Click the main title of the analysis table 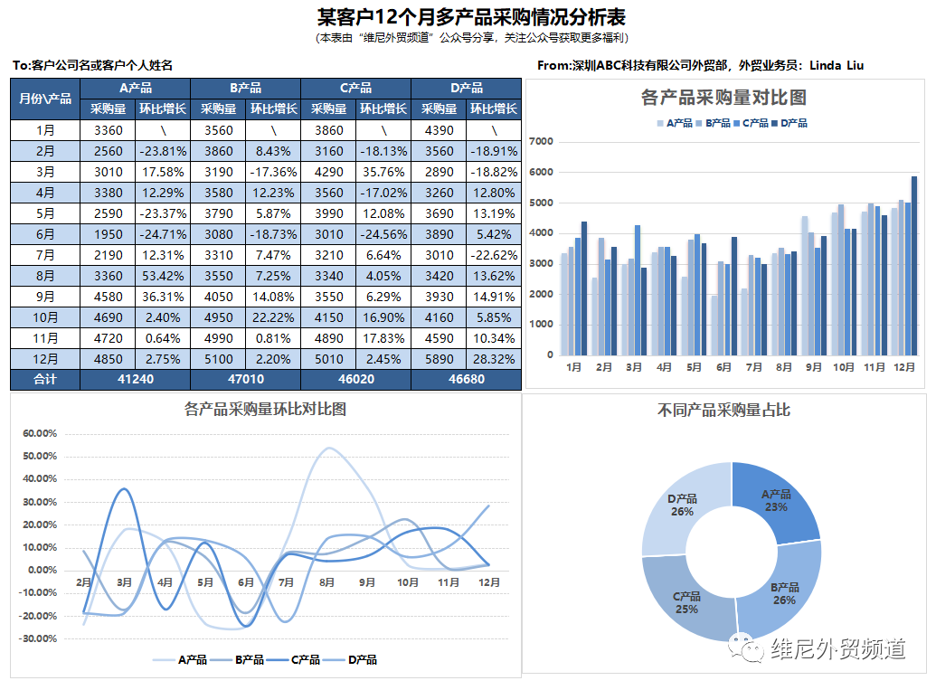click(471, 17)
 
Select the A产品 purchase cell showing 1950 click(108, 233)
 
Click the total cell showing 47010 click(245, 380)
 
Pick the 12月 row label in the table click(45, 358)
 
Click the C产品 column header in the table click(355, 88)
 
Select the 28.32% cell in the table click(495, 358)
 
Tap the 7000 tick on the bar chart click(541, 141)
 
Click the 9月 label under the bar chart click(813, 367)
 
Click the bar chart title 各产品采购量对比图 click(723, 98)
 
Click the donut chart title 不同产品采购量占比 click(723, 410)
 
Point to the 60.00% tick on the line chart click(39, 433)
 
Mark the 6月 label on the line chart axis click(246, 582)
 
